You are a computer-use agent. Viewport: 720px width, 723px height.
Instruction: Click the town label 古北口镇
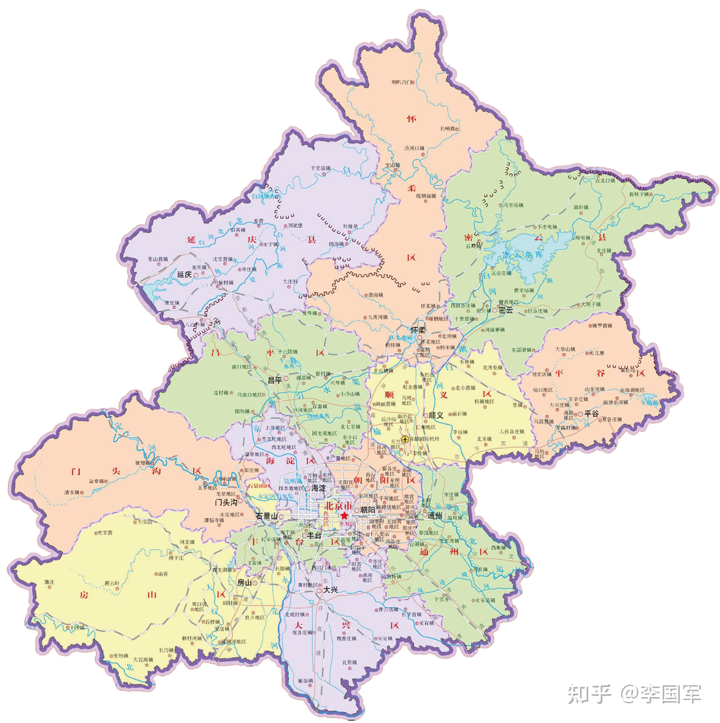(605, 180)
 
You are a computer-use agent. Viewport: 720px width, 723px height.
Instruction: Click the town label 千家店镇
(320, 168)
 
